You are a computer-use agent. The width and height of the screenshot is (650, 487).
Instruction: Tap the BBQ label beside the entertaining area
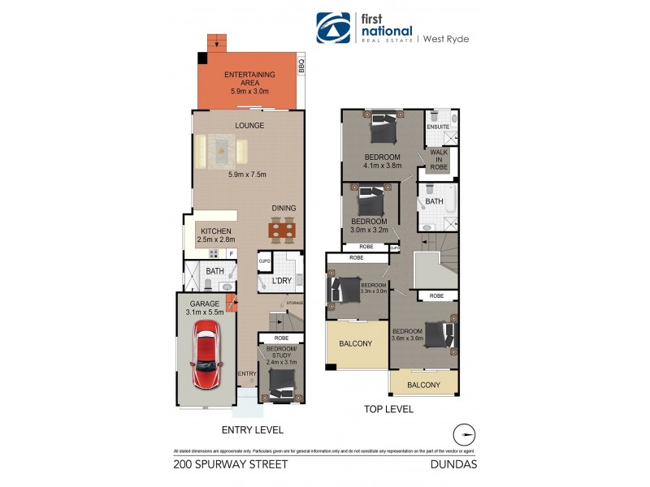[x=301, y=65]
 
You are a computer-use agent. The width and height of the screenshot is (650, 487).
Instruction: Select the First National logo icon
[x=333, y=28]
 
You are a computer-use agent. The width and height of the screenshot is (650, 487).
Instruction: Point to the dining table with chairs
[x=282, y=231]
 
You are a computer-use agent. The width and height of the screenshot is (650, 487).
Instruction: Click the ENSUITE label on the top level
[x=438, y=127]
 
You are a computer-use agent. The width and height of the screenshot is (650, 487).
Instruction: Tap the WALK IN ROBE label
[x=440, y=158]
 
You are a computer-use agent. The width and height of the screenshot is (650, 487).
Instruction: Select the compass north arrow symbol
[x=463, y=433]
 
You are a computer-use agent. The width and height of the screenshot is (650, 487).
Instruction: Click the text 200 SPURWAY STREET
[x=231, y=465]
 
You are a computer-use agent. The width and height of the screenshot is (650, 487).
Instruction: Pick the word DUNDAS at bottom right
[x=457, y=465]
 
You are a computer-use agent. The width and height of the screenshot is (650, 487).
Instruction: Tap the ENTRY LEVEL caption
[x=252, y=430]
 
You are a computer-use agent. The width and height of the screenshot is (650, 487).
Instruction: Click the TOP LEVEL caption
[x=389, y=409]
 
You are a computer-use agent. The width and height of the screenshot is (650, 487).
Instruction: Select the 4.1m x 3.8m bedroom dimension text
[x=382, y=166]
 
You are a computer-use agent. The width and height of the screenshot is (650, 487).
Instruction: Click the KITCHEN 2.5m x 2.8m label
[x=215, y=235]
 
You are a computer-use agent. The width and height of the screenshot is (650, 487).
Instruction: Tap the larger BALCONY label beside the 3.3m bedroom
[x=356, y=343]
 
